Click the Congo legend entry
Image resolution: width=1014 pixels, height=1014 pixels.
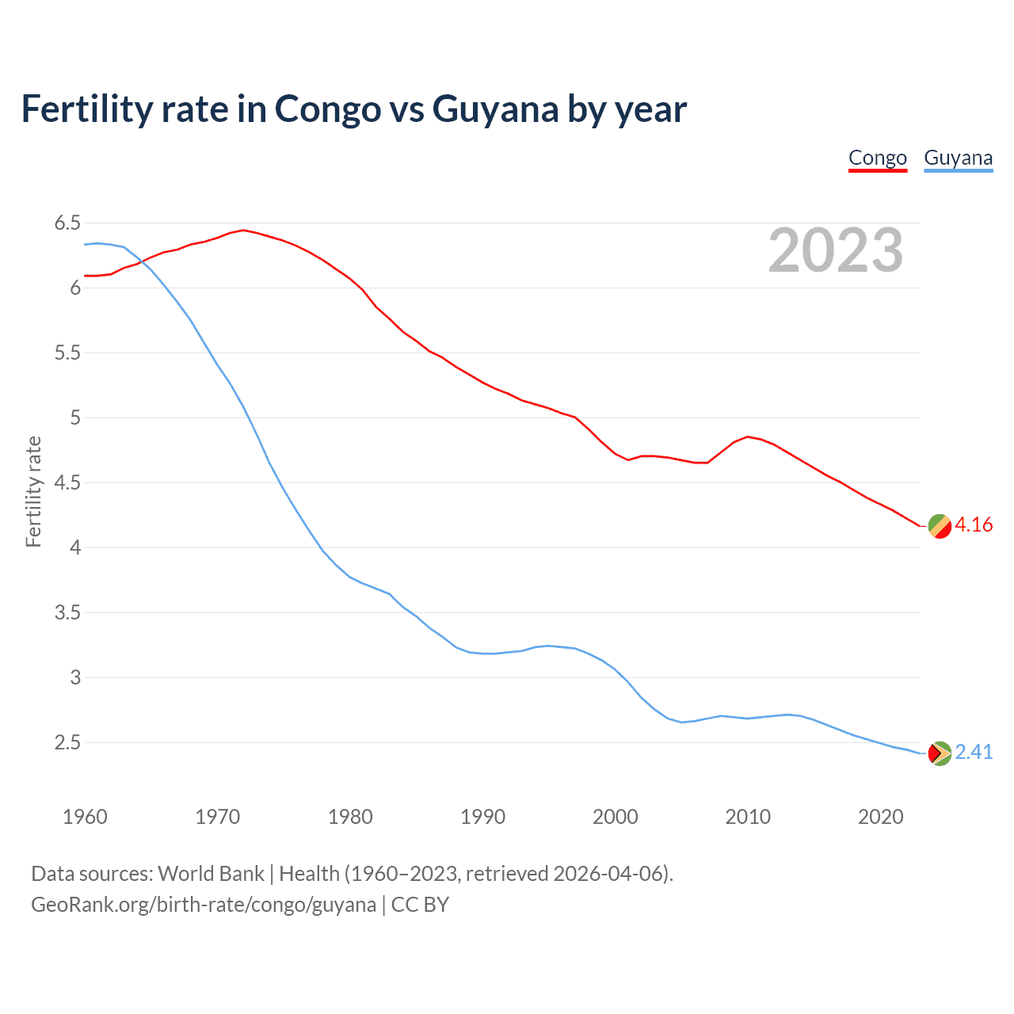pos(877,158)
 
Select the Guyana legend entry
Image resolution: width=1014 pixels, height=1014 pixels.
pos(958,158)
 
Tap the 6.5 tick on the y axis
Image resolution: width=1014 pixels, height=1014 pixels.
pos(67,223)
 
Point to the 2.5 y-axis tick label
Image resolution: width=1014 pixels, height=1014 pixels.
pos(67,743)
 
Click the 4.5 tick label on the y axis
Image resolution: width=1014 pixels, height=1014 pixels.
pos(67,483)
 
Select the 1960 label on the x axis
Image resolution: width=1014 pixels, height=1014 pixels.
pos(85,817)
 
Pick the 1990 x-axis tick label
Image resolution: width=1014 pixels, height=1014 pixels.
pos(482,817)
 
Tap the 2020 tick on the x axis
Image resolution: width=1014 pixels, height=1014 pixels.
pos(880,817)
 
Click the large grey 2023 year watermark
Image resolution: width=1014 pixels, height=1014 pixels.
pos(835,250)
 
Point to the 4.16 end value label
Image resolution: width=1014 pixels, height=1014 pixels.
pos(974,525)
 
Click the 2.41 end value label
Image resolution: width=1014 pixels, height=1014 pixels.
pos(974,753)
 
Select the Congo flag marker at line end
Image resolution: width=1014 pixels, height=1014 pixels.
pos(940,526)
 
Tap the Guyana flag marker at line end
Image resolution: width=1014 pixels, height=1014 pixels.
pos(940,753)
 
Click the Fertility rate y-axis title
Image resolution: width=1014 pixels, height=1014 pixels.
pos(33,491)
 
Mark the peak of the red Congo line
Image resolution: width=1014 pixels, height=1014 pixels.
pos(243,231)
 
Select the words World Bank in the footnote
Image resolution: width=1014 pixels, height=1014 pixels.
pos(211,874)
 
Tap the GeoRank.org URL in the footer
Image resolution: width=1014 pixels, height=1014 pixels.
pos(204,905)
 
